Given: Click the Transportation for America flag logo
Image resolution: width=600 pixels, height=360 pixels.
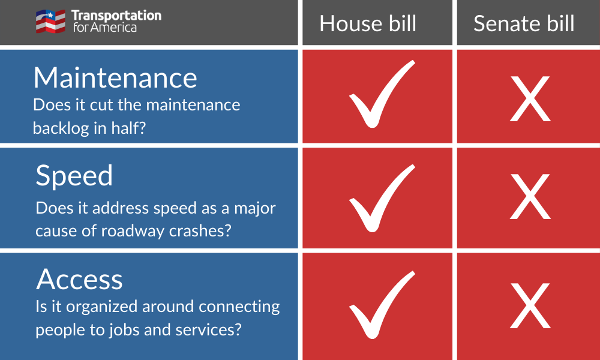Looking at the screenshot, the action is (x=50, y=22).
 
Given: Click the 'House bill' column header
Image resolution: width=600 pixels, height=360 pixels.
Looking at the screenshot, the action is (x=368, y=23).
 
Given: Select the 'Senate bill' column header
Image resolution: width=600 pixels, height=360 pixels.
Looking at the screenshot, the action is (x=524, y=23).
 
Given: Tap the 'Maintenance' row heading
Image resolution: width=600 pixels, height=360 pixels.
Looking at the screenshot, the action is (x=115, y=77).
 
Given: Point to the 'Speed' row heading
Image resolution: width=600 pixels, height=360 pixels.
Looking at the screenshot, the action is (x=74, y=176).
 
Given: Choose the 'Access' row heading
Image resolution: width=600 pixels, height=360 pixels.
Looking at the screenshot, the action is (x=79, y=279).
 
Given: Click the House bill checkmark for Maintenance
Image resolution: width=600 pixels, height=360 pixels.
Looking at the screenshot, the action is (x=382, y=94).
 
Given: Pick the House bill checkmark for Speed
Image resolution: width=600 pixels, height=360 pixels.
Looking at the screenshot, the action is (x=382, y=198).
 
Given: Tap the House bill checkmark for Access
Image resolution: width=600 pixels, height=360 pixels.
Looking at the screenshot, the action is (x=382, y=305).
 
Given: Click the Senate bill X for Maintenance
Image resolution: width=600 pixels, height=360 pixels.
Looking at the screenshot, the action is (x=530, y=99).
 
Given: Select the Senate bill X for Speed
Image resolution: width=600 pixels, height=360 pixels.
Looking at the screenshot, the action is (x=530, y=197).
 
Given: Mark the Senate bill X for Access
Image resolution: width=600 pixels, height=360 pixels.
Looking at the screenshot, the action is (x=530, y=306).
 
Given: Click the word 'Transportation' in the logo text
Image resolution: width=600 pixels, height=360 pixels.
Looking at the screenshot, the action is (x=116, y=16).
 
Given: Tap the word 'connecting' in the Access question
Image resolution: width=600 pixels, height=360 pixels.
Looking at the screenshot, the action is (x=239, y=307).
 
